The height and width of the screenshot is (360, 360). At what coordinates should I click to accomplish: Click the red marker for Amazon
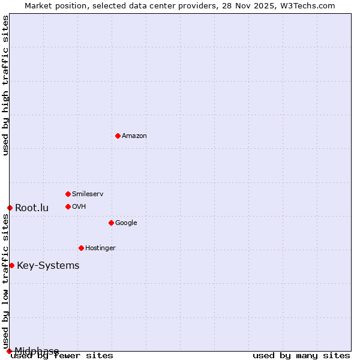pyautogui.click(x=118, y=136)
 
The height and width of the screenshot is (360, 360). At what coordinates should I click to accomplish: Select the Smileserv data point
pyautogui.click(x=68, y=194)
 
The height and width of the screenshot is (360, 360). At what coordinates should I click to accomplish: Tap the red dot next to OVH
pyautogui.click(x=68, y=206)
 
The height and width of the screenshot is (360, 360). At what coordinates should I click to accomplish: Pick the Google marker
pyautogui.click(x=111, y=223)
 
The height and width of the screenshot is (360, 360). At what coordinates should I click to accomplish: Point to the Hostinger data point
pyautogui.click(x=81, y=248)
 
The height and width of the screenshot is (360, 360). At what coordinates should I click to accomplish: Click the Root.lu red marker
pyautogui.click(x=10, y=208)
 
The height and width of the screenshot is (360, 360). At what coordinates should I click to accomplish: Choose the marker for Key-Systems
pyautogui.click(x=11, y=265)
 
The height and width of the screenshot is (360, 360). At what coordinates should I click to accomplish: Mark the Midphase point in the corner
pyautogui.click(x=9, y=351)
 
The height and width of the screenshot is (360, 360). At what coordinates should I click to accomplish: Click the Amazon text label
pyautogui.click(x=134, y=136)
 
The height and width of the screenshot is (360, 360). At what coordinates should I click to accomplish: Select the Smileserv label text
pyautogui.click(x=88, y=194)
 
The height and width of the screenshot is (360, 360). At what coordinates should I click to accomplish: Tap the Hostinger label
pyautogui.click(x=100, y=248)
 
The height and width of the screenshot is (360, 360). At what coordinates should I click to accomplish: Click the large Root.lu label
pyautogui.click(x=32, y=208)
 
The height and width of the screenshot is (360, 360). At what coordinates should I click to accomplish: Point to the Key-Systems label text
pyautogui.click(x=48, y=266)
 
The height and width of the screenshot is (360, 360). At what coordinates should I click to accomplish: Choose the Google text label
pyautogui.click(x=126, y=223)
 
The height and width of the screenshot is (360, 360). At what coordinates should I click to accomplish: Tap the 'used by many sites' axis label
pyautogui.click(x=301, y=355)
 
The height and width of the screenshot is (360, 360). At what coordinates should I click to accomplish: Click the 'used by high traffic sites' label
pyautogui.click(x=5, y=85)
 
